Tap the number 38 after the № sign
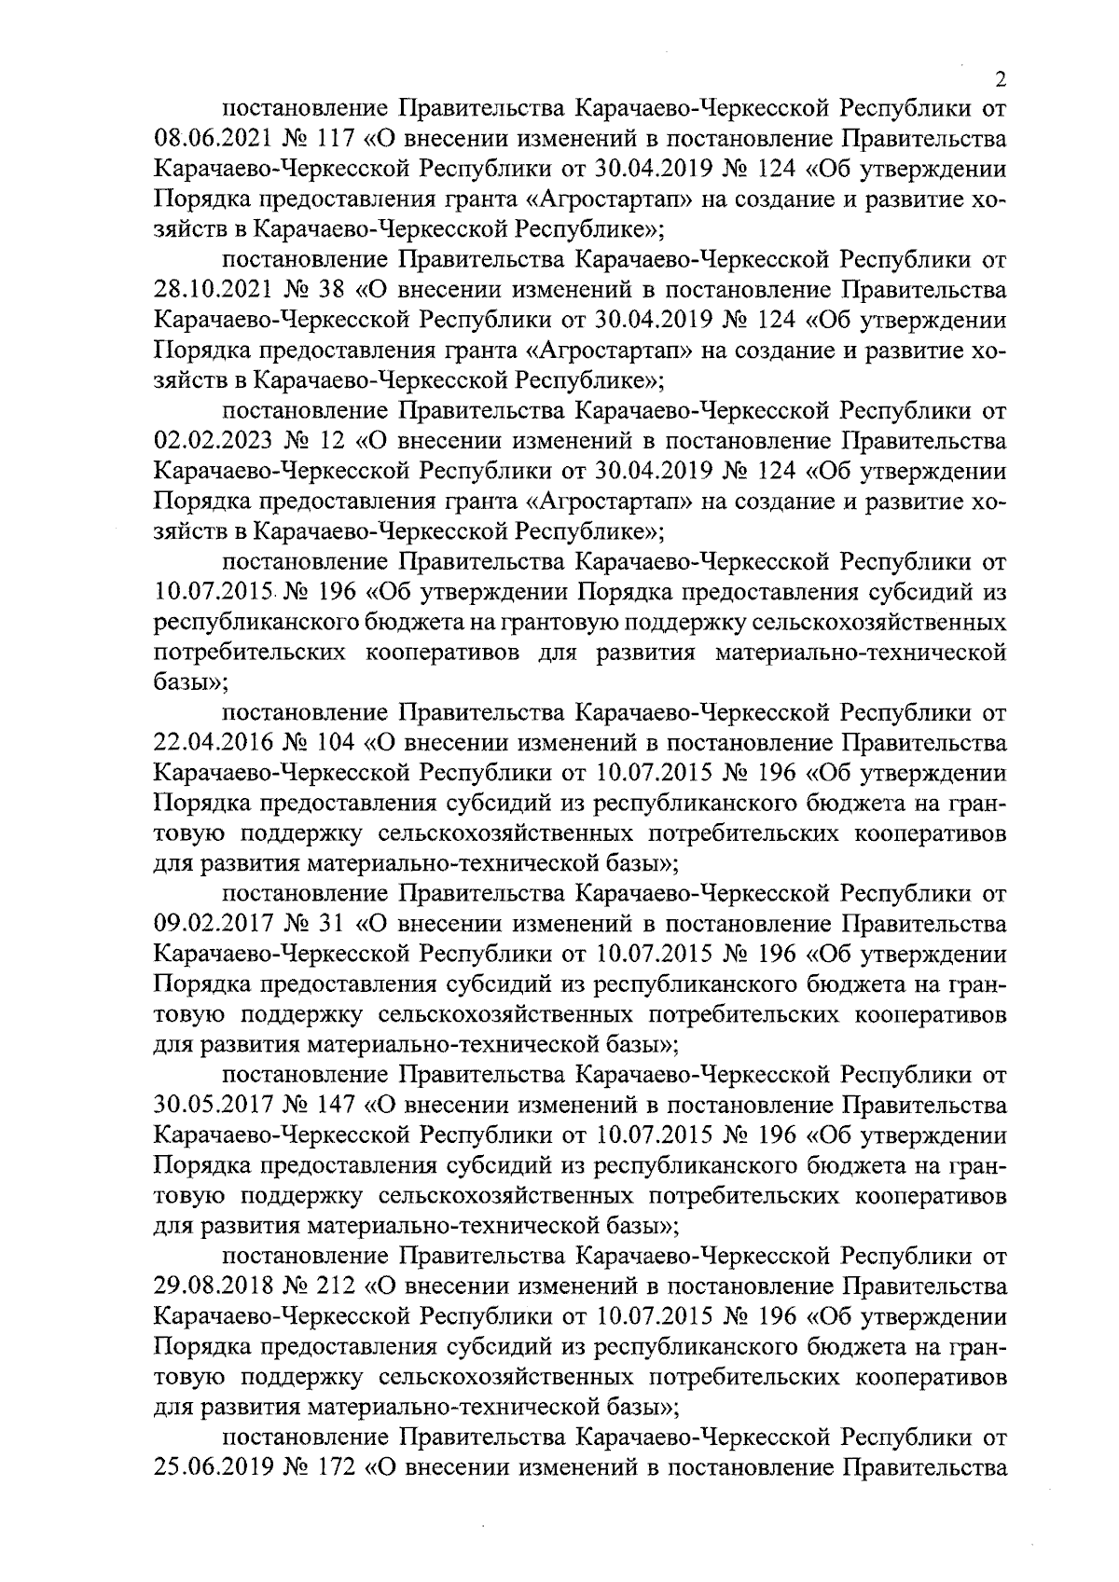[x=326, y=290]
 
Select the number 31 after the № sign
[x=326, y=924]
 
